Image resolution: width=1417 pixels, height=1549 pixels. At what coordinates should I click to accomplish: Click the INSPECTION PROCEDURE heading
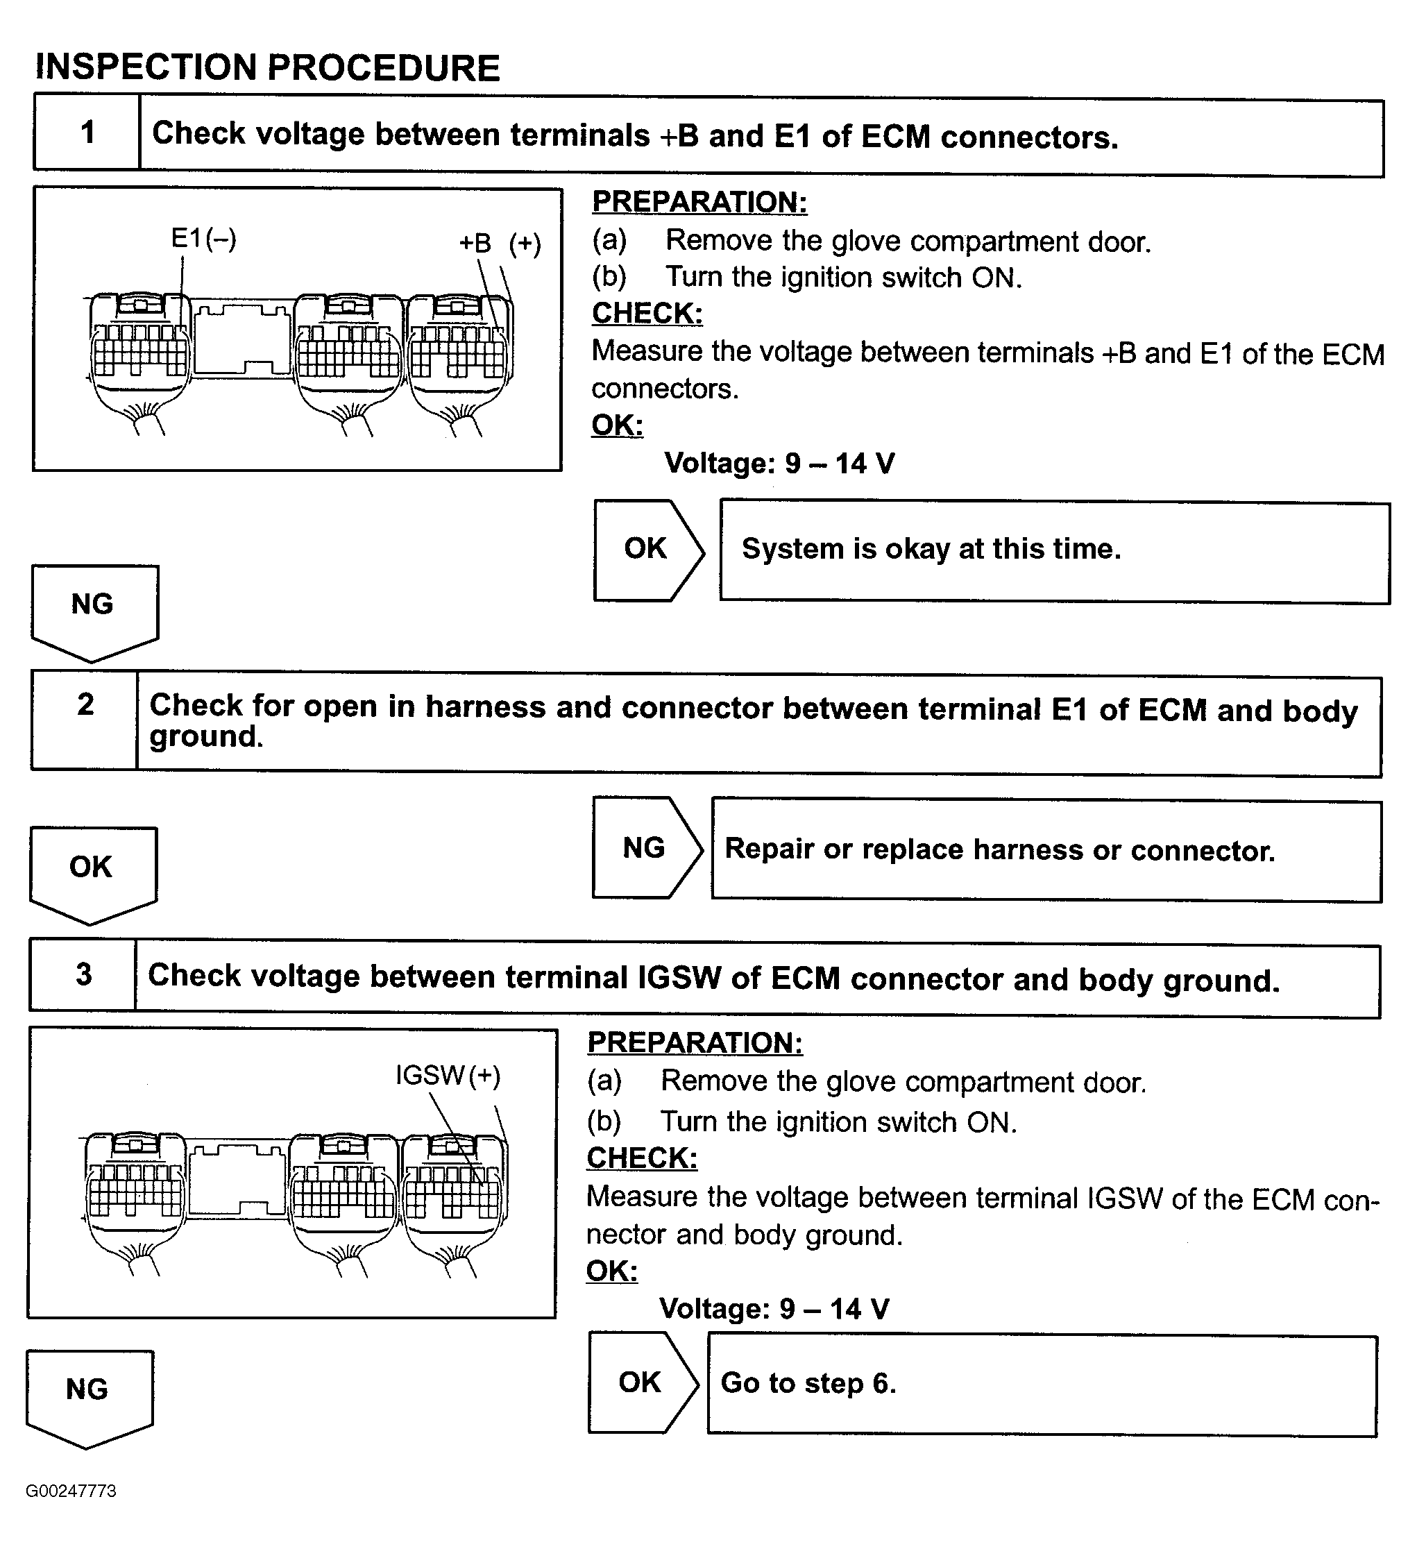[267, 67]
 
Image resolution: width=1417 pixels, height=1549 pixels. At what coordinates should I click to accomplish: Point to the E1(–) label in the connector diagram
[203, 239]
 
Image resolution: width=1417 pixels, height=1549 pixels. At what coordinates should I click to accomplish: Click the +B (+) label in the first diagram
[500, 244]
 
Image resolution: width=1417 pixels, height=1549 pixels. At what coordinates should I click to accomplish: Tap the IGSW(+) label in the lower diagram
[448, 1075]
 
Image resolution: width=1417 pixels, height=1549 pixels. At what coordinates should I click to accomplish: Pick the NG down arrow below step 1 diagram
[94, 607]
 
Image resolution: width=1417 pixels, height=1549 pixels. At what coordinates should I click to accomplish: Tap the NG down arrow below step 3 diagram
[88, 1392]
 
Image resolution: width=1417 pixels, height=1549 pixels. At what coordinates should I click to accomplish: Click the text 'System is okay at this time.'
[931, 550]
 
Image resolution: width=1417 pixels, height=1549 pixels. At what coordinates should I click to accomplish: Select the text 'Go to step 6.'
[808, 1383]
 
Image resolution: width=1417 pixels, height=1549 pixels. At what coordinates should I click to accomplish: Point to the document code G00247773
[71, 1491]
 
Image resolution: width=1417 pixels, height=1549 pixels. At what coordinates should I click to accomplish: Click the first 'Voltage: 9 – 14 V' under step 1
[779, 464]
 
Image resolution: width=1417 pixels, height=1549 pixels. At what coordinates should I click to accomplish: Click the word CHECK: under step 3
[642, 1158]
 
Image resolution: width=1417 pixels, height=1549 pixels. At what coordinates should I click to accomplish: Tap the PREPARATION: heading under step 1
[699, 202]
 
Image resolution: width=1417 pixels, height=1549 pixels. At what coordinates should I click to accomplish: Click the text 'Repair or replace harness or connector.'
[1000, 849]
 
